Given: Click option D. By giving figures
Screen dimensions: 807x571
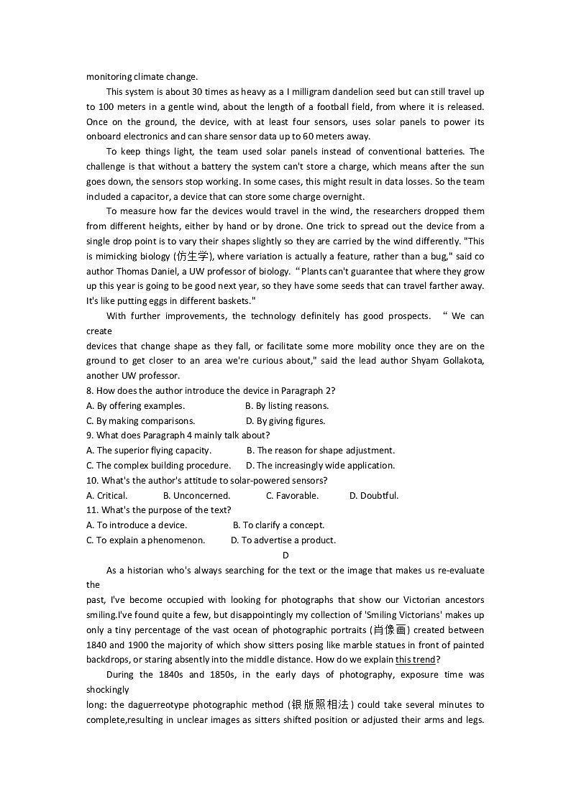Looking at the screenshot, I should [x=285, y=421].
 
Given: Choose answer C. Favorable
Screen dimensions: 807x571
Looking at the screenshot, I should [x=292, y=495].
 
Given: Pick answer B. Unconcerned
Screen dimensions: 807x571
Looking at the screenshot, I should [x=196, y=495].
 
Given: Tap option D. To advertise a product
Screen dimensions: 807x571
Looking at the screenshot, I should [x=283, y=540].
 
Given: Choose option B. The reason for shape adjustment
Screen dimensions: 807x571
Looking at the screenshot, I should [x=321, y=451].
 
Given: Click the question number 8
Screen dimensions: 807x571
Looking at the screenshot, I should [x=89, y=391].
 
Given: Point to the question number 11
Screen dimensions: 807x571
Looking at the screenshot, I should [x=92, y=510].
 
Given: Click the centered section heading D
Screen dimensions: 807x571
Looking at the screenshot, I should [x=285, y=555].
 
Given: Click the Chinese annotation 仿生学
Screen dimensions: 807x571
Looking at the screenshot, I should [x=193, y=257].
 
